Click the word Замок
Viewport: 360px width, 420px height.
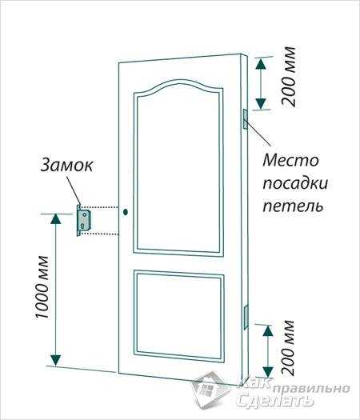(66, 166)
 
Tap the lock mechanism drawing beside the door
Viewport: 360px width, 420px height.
(84, 221)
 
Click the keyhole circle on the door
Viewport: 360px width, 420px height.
(126, 212)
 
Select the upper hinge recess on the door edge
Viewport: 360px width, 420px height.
(246, 119)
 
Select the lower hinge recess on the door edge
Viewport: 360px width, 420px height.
(246, 318)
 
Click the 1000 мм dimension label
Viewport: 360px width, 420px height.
(42, 287)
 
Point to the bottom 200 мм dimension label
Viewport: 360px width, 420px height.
(288, 348)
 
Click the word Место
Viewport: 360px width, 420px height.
(290, 161)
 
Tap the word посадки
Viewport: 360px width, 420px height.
(295, 184)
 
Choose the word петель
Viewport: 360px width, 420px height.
(293, 206)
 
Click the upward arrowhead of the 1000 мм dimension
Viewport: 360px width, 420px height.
(56, 219)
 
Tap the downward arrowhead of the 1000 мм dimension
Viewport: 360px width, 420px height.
(56, 360)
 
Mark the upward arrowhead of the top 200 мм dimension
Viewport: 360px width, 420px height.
(261, 63)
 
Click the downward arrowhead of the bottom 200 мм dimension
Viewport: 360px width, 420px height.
(267, 372)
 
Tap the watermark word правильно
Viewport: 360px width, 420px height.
(312, 389)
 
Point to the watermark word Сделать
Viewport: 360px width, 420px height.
(275, 401)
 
